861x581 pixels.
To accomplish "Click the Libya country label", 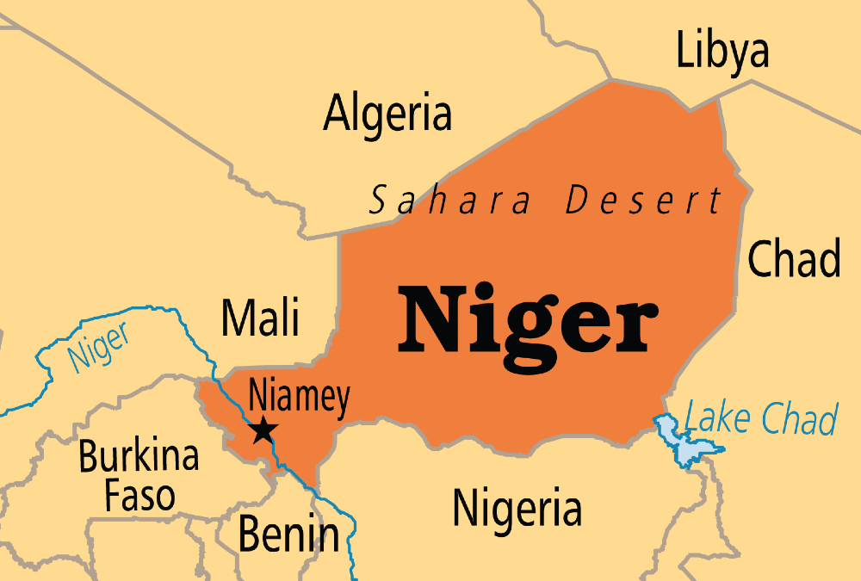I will (722, 51).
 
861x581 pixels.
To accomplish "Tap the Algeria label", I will (387, 114).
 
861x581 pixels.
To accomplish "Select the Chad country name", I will (793, 257).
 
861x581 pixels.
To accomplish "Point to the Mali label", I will (260, 317).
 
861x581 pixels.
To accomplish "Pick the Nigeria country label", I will (517, 508).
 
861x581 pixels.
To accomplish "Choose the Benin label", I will (288, 534).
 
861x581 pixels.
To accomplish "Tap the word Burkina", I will (139, 457).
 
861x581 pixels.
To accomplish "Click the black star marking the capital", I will (262, 430).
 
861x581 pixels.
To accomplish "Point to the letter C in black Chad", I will (760, 258).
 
